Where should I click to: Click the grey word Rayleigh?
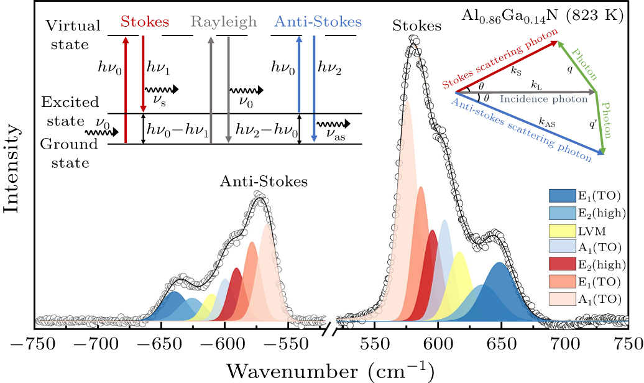pyautogui.click(x=224, y=22)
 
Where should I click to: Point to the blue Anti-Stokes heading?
pyautogui.click(x=318, y=22)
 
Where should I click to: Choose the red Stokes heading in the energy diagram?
pyautogui.click(x=144, y=22)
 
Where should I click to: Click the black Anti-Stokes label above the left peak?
pyautogui.click(x=264, y=182)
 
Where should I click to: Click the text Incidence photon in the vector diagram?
pyautogui.click(x=544, y=99)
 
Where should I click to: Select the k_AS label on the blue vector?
pyautogui.click(x=547, y=124)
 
